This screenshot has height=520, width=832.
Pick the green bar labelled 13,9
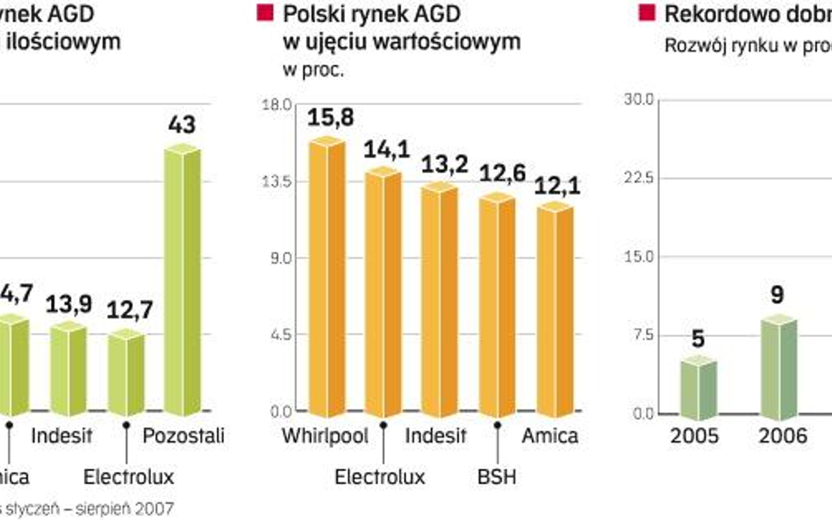(x=68, y=368)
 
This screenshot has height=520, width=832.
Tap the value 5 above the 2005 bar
(x=699, y=338)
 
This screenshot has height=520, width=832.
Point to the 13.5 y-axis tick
(x=281, y=182)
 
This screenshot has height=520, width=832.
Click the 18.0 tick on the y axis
(x=281, y=105)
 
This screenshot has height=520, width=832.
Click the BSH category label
(x=497, y=477)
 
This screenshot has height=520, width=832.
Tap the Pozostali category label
(x=183, y=436)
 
